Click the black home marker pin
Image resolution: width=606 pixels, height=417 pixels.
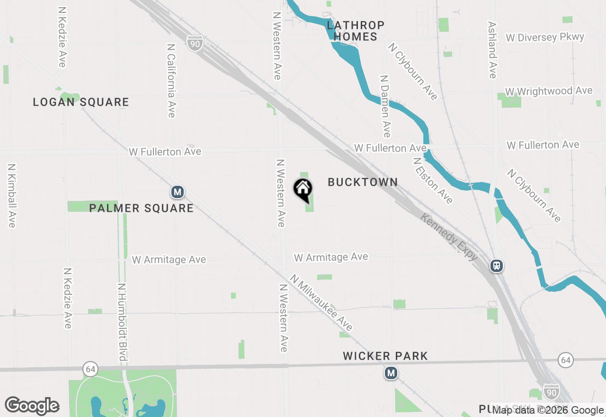pyautogui.click(x=303, y=190)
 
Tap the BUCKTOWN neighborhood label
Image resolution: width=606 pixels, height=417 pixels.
pyautogui.click(x=363, y=182)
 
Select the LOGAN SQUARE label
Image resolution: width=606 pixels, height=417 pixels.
pyautogui.click(x=81, y=102)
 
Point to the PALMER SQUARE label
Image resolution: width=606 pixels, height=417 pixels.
pyautogui.click(x=141, y=208)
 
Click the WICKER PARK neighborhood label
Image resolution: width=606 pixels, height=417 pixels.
pyautogui.click(x=385, y=356)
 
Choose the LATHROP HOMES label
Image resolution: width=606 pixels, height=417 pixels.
pyautogui.click(x=356, y=31)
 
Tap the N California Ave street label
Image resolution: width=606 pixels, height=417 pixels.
pyautogui.click(x=171, y=81)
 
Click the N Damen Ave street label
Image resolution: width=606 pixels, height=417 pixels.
pyautogui.click(x=385, y=106)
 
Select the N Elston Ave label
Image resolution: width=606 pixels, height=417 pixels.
pyautogui.click(x=433, y=181)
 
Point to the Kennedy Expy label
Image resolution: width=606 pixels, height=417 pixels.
pyautogui.click(x=449, y=237)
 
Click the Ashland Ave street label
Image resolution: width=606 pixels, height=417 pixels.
pyautogui.click(x=492, y=50)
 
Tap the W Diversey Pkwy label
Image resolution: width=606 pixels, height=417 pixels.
pyautogui.click(x=545, y=37)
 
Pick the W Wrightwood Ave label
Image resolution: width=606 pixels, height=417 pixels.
pyautogui.click(x=549, y=91)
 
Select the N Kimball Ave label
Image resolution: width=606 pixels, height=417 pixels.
pyautogui.click(x=11, y=195)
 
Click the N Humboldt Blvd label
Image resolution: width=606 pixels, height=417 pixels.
pyautogui.click(x=122, y=322)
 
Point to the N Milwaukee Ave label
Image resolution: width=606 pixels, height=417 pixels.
pyautogui.click(x=321, y=303)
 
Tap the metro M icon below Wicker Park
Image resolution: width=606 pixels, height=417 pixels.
pyautogui.click(x=391, y=373)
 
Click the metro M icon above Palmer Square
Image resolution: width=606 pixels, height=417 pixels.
pyautogui.click(x=177, y=192)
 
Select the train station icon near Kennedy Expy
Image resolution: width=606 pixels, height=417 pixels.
pyautogui.click(x=496, y=266)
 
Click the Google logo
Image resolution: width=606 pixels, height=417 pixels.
pyautogui.click(x=32, y=406)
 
